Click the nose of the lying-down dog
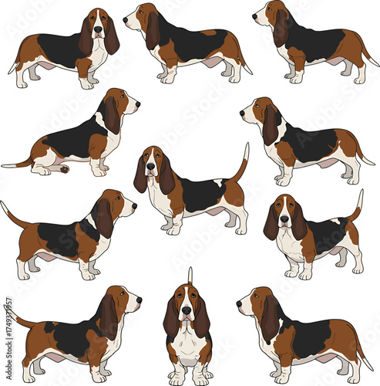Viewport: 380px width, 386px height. [x=138, y=101]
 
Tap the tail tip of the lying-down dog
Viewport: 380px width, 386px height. [x=3, y=164]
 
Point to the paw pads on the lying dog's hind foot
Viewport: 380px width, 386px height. [x=64, y=168]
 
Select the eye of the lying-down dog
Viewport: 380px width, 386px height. [x=126, y=97]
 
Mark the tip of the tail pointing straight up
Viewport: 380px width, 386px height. [x=190, y=269]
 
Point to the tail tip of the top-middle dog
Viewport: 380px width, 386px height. [x=250, y=73]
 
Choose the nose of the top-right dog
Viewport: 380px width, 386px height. [x=254, y=15]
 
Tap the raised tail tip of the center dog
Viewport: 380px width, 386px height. [x=247, y=145]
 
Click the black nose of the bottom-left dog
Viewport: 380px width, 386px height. [x=140, y=298]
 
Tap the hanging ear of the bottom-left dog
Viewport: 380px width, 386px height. [x=109, y=317]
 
